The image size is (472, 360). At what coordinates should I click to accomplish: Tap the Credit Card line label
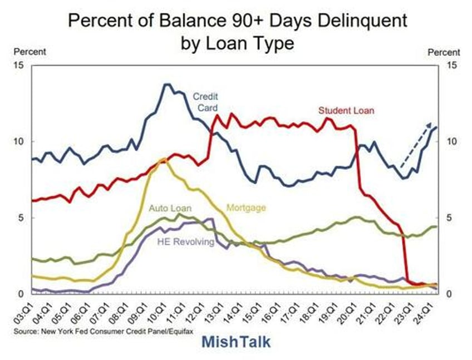(205, 102)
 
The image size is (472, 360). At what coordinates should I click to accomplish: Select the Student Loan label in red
(346, 111)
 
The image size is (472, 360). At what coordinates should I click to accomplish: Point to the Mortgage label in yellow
(246, 208)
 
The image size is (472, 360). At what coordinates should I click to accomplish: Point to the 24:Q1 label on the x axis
(431, 312)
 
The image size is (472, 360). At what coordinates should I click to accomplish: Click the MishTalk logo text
(236, 342)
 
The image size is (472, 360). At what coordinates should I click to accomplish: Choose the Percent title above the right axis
(444, 52)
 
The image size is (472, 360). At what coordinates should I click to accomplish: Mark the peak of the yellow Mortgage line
(163, 160)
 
